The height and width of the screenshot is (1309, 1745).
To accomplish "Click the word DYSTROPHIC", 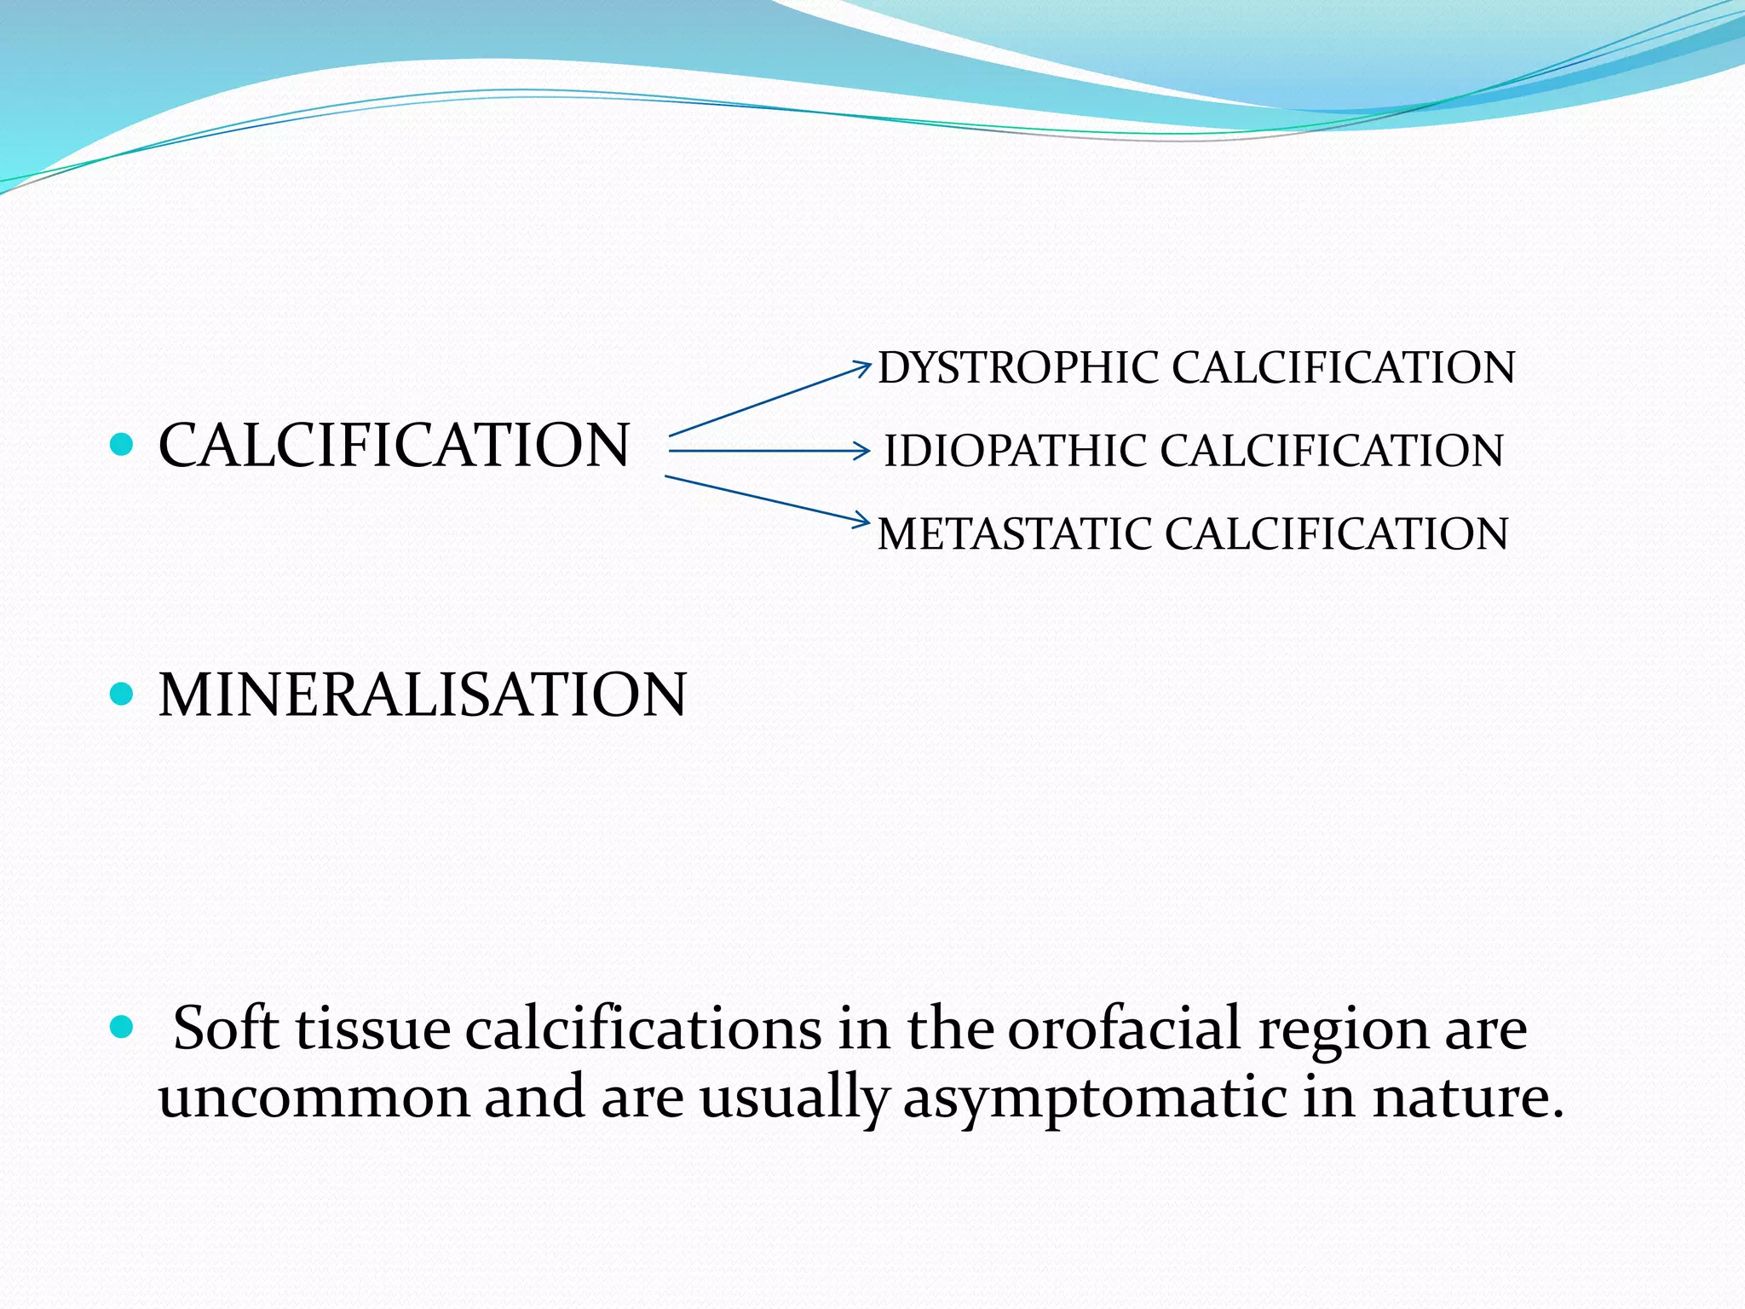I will (x=1018, y=369).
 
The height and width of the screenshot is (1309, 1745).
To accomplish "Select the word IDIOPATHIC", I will (x=1014, y=451).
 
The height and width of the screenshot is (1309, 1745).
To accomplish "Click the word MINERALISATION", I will (x=422, y=695).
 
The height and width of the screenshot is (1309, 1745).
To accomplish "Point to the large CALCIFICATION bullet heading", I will (x=394, y=445).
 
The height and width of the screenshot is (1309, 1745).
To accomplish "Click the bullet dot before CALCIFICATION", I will (x=123, y=444).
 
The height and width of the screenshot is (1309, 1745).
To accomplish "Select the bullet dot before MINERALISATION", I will (x=123, y=694).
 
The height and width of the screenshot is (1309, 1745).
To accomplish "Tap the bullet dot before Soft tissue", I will (x=123, y=1028).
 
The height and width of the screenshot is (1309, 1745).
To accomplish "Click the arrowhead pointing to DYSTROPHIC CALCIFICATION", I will (x=864, y=367).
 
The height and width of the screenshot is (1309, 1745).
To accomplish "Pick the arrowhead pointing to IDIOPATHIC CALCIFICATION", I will (x=863, y=451).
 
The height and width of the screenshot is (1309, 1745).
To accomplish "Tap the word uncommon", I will (x=314, y=1098).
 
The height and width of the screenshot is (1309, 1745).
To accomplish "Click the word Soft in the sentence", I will (x=226, y=1029).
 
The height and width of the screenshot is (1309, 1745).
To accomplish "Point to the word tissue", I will (x=373, y=1029).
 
